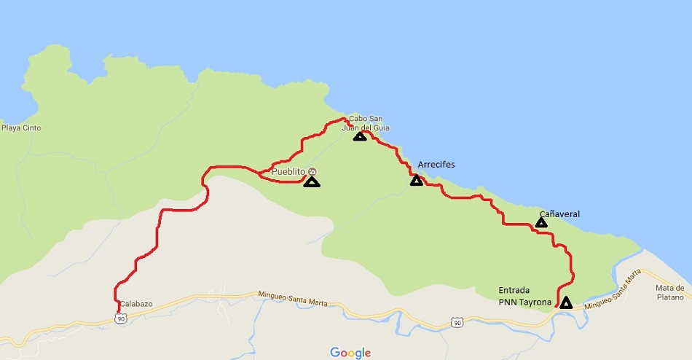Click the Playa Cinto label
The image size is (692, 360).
[21, 128]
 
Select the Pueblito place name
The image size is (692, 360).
[288, 172]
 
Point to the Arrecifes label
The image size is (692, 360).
[436, 165]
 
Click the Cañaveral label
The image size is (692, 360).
[559, 214]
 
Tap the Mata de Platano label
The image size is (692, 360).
[669, 291]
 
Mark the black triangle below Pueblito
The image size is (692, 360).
[312, 182]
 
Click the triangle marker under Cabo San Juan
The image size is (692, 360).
[359, 136]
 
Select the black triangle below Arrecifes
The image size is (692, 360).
[416, 181]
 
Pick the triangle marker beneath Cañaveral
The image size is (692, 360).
[541, 222]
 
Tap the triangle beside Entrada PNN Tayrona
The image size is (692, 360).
[565, 302]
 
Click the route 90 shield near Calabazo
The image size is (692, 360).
[121, 318]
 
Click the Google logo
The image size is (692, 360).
[350, 353]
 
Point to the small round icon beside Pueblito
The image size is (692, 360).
[312, 172]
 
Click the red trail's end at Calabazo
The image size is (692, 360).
[117, 311]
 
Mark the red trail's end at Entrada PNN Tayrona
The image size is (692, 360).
[557, 306]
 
